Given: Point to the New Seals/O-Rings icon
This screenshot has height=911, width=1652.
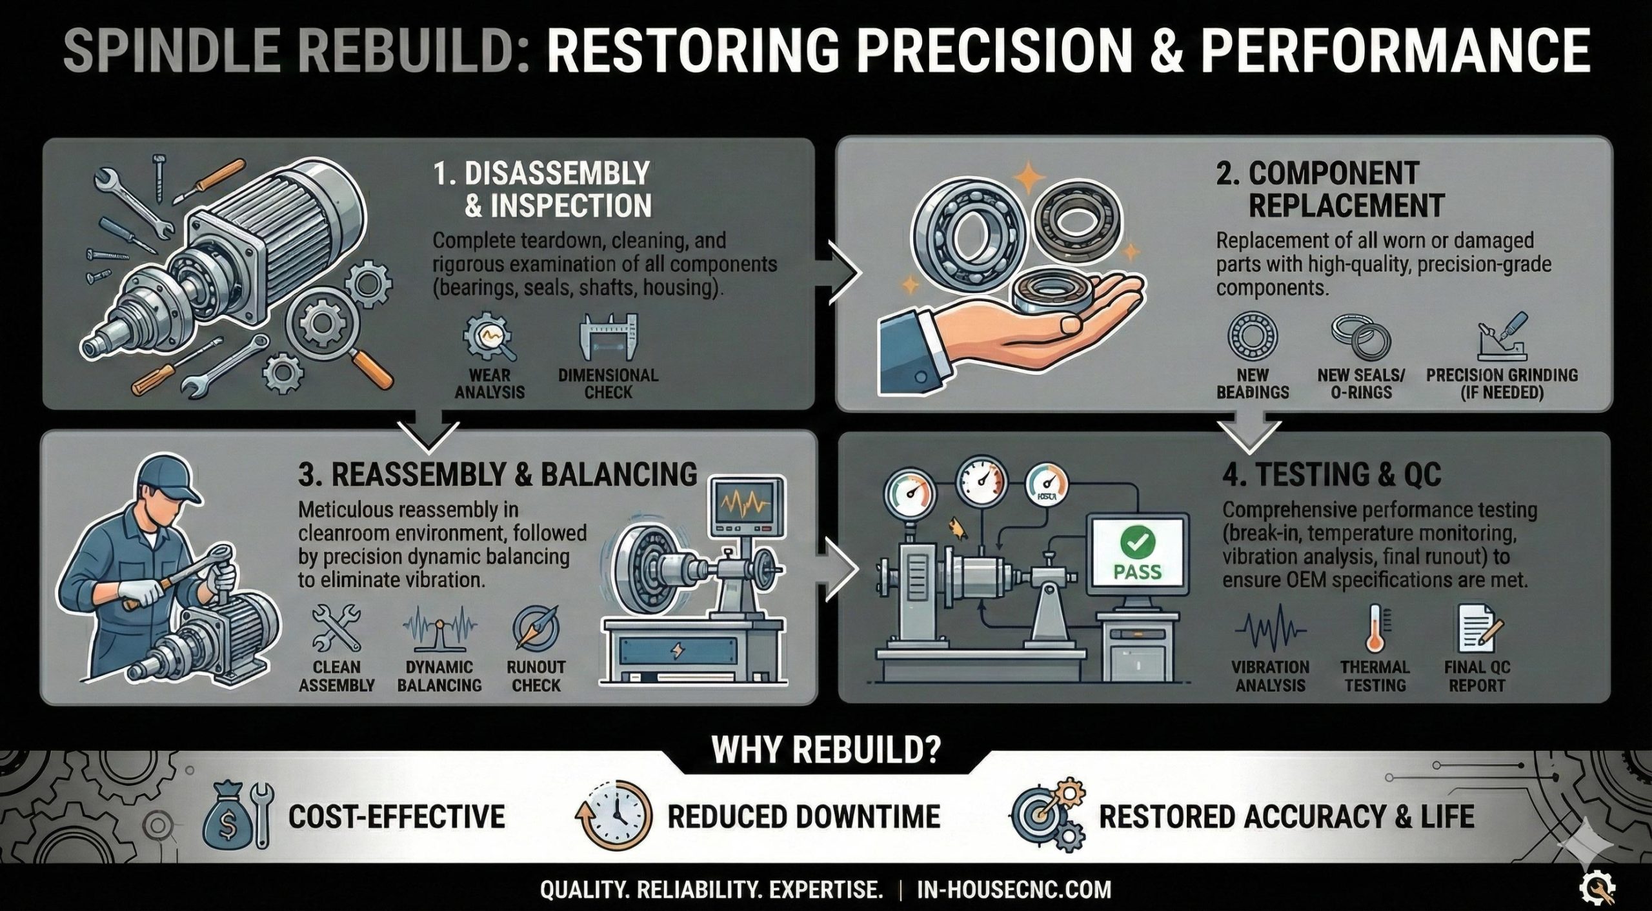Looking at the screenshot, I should pos(1361,337).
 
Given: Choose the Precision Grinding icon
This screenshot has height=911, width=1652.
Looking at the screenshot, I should pos(1502,337).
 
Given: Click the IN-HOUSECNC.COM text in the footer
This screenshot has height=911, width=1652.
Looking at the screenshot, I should pos(1014,890).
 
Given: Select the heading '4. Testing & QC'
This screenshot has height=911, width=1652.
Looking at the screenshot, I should pos(1331,475).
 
